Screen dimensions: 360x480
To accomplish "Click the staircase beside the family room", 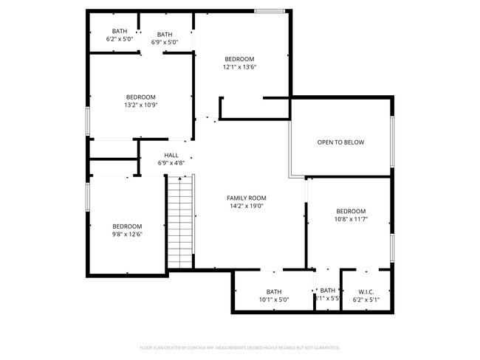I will pyautogui.click(x=179, y=222).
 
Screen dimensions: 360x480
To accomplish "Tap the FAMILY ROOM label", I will pyautogui.click(x=246, y=198).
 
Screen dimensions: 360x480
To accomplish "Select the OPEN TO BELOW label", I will pyautogui.click(x=340, y=142).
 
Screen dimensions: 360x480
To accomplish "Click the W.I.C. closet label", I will pyautogui.click(x=366, y=291).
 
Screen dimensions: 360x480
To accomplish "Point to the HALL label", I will pyautogui.click(x=171, y=155).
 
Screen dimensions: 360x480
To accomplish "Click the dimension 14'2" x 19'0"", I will pyautogui.click(x=246, y=207).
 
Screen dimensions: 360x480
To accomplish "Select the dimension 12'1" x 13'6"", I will pyautogui.click(x=239, y=67).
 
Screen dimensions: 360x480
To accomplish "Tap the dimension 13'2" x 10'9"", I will pyautogui.click(x=140, y=105).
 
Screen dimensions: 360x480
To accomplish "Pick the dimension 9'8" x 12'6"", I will pyautogui.click(x=127, y=235).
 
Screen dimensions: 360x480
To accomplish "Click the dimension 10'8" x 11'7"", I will pyautogui.click(x=351, y=219).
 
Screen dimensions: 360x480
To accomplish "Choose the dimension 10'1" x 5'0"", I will pyautogui.click(x=274, y=300).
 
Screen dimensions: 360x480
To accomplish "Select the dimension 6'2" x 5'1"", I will pyautogui.click(x=366, y=300).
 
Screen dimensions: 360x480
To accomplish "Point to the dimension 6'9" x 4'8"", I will pyautogui.click(x=171, y=163).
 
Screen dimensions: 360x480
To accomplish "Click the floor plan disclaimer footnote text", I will pyautogui.click(x=239, y=347).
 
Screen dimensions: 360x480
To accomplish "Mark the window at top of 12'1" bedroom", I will pyautogui.click(x=270, y=11).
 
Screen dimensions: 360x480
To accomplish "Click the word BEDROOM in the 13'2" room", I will pyautogui.click(x=140, y=97).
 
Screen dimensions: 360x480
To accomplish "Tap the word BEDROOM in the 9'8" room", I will pyautogui.click(x=127, y=226).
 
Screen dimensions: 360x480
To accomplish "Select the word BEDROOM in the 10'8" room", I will pyautogui.click(x=351, y=211).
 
